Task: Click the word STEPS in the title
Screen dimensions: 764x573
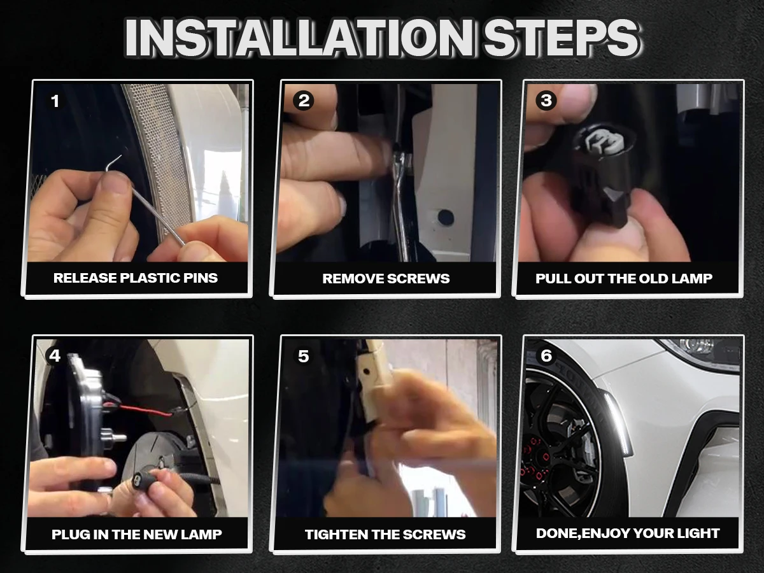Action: coord(562,38)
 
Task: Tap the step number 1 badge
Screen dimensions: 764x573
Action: coord(55,101)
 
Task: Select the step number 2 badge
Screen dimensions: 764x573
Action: coord(304,101)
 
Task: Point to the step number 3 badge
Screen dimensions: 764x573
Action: coord(546,101)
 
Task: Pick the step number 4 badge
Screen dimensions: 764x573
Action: coord(55,356)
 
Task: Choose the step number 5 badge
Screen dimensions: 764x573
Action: coord(304,357)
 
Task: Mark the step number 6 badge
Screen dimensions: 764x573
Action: coord(546,355)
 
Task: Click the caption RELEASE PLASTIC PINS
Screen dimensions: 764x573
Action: coord(136,278)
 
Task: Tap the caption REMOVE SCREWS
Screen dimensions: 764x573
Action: coord(386,279)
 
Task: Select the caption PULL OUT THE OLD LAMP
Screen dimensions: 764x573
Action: coord(624,279)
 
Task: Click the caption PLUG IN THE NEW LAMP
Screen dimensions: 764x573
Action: coord(136,534)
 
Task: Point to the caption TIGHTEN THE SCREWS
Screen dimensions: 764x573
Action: coord(385,534)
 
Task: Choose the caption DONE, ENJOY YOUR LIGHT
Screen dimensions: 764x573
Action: coord(628,534)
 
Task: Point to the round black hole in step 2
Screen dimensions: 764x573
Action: coord(445,216)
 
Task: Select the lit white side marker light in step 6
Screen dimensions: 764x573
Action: coord(616,424)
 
